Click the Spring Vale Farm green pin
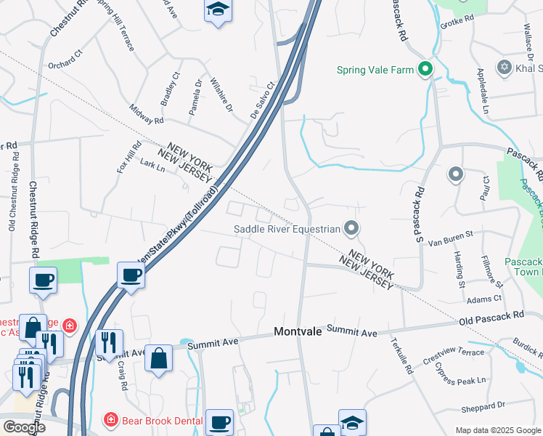pyautogui.click(x=425, y=70)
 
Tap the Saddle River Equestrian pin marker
pyautogui.click(x=351, y=230)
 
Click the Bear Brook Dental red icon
pyautogui.click(x=110, y=419)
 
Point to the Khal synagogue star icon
pyautogui.click(x=505, y=68)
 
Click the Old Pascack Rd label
pyautogui.click(x=491, y=318)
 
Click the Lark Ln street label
pyautogui.click(x=152, y=166)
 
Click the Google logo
pyautogui.click(x=25, y=427)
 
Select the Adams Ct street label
pyautogui.click(x=484, y=298)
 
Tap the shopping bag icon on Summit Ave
pyautogui.click(x=159, y=359)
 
